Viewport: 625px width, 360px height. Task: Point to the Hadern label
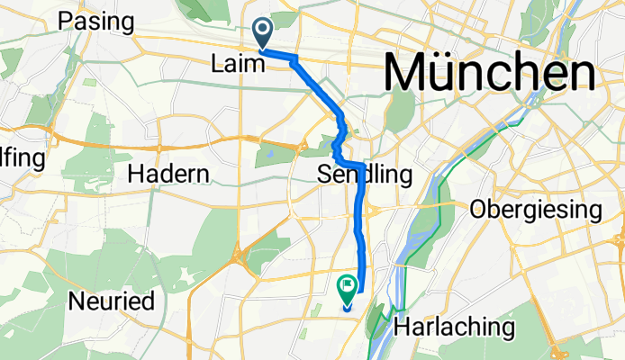[x=169, y=175]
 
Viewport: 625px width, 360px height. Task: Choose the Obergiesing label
[x=536, y=211]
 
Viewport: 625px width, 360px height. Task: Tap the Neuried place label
[x=115, y=301]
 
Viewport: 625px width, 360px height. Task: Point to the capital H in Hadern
[x=137, y=175]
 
